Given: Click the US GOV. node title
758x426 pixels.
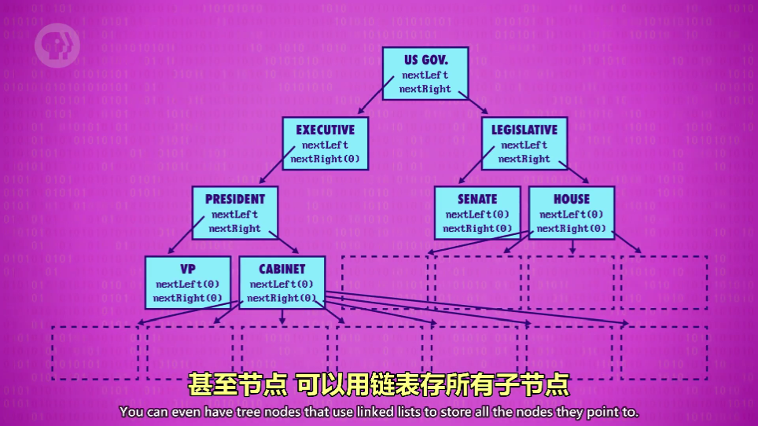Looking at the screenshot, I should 425,60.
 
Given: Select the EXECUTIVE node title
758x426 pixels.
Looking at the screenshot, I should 325,130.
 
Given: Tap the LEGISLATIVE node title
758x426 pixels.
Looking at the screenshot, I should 524,130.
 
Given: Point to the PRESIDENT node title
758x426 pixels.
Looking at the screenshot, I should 234,199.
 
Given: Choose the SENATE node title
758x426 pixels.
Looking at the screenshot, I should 477,199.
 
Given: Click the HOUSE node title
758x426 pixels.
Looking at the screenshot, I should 572,199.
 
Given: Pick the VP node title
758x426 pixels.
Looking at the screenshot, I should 188,269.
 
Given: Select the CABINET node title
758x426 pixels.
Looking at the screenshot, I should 281,269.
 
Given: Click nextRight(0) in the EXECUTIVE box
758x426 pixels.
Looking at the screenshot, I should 325,159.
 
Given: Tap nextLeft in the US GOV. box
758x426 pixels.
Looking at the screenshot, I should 425,75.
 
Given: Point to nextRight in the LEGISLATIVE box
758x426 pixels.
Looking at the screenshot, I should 524,159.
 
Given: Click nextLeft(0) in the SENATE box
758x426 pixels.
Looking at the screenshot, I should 477,215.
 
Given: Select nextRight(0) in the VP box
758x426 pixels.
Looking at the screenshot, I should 188,298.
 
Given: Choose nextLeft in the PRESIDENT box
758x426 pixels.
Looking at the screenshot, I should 234,215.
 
